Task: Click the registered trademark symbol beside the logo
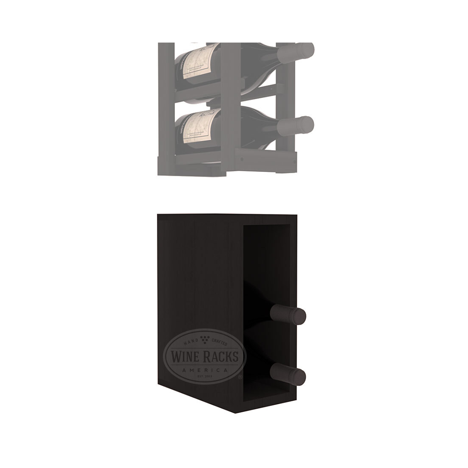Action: coord(240,377)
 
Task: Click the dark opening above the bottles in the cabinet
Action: coord(266,264)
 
